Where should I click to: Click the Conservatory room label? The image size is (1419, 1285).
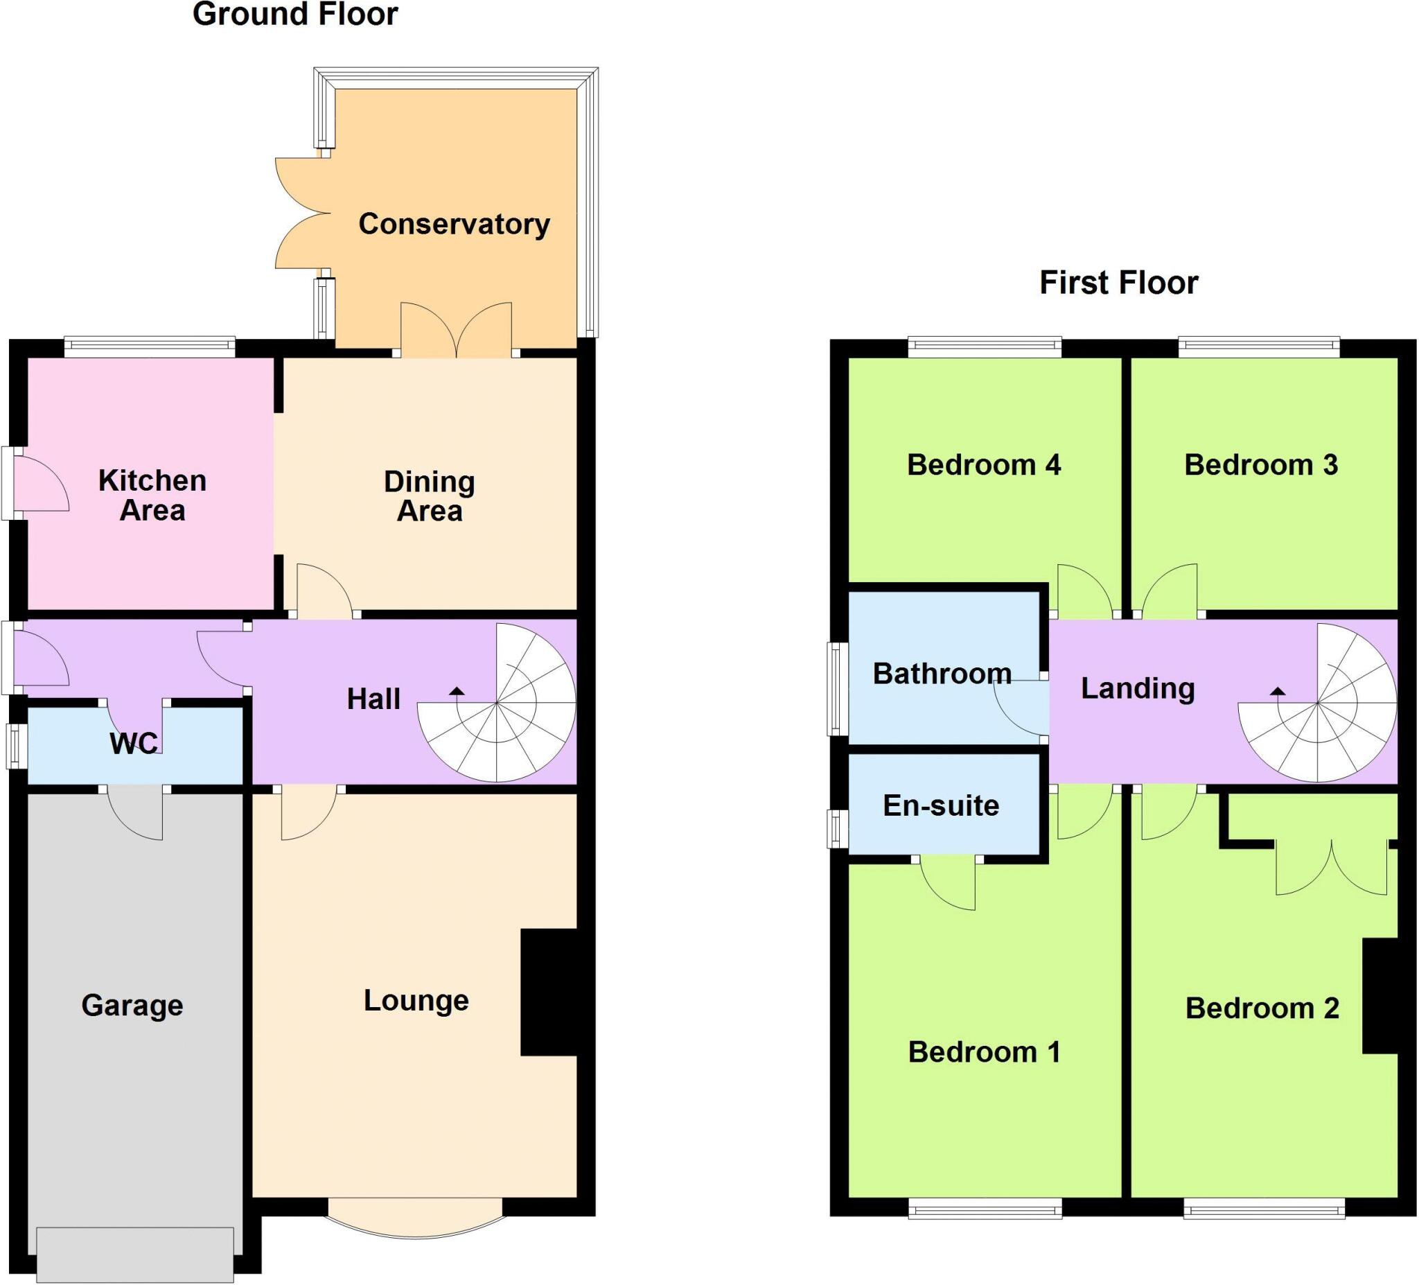pyautogui.click(x=454, y=224)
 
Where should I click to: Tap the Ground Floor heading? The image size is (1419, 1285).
pyautogui.click(x=295, y=15)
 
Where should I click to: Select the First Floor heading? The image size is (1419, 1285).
pyautogui.click(x=1118, y=283)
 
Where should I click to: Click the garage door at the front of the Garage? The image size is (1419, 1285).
pyautogui.click(x=135, y=1254)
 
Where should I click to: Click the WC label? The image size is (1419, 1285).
pyautogui.click(x=134, y=744)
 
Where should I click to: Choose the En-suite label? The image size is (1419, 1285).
pyautogui.click(x=940, y=805)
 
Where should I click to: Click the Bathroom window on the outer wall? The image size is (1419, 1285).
pyautogui.click(x=838, y=688)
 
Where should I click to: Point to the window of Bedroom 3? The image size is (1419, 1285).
pyautogui.click(x=1258, y=345)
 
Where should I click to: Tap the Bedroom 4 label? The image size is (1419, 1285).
pyautogui.click(x=983, y=464)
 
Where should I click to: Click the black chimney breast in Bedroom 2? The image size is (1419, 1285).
pyautogui.click(x=1380, y=996)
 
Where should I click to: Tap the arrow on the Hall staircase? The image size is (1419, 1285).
pyautogui.click(x=457, y=691)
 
